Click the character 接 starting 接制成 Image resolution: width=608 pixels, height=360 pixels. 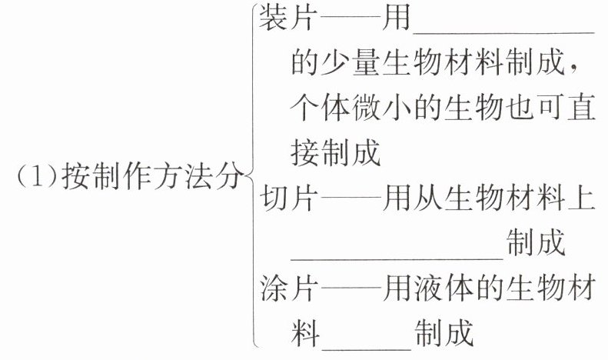(x=306, y=153)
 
